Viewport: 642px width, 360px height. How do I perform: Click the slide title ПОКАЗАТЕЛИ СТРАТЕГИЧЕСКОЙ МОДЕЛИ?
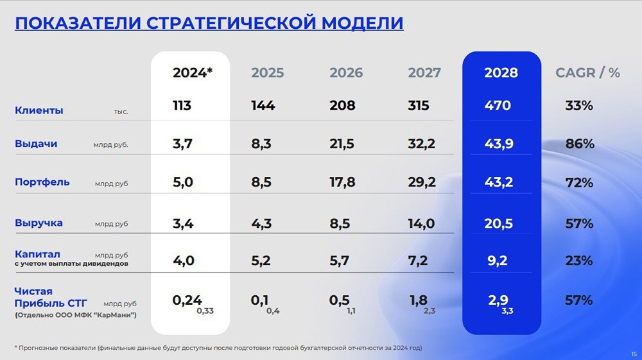pyautogui.click(x=209, y=23)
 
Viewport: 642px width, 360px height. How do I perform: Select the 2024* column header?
pyautogui.click(x=192, y=73)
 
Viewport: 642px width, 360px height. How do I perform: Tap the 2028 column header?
pyautogui.click(x=501, y=73)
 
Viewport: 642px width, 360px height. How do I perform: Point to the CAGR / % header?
pyautogui.click(x=587, y=73)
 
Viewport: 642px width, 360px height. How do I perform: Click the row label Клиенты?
pyautogui.click(x=39, y=110)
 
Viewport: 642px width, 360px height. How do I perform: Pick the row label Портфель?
pyautogui.click(x=42, y=182)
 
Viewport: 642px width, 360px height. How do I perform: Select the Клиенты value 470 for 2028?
pyautogui.click(x=498, y=106)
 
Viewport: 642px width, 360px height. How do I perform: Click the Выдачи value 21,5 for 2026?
pyautogui.click(x=342, y=144)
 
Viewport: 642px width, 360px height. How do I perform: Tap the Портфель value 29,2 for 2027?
pyautogui.click(x=421, y=183)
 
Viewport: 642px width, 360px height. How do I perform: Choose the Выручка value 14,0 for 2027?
pyautogui.click(x=421, y=224)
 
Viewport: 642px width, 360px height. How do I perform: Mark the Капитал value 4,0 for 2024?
pyautogui.click(x=183, y=261)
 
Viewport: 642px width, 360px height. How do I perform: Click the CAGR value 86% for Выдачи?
pyautogui.click(x=579, y=144)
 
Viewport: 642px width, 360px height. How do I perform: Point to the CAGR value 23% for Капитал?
pyautogui.click(x=579, y=261)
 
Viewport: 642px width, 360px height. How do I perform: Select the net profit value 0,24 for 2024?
pyautogui.click(x=187, y=300)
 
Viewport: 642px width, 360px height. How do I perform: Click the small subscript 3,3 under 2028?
pyautogui.click(x=507, y=311)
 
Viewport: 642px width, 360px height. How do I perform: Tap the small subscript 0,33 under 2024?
pyautogui.click(x=205, y=311)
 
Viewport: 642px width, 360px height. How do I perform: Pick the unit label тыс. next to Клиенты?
pyautogui.click(x=121, y=112)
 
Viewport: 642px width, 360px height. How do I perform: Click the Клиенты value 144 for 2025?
pyautogui.click(x=263, y=106)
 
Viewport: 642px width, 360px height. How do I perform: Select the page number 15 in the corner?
pyautogui.click(x=634, y=353)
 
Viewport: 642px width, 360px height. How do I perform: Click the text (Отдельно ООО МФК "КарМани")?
pyautogui.click(x=75, y=314)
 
